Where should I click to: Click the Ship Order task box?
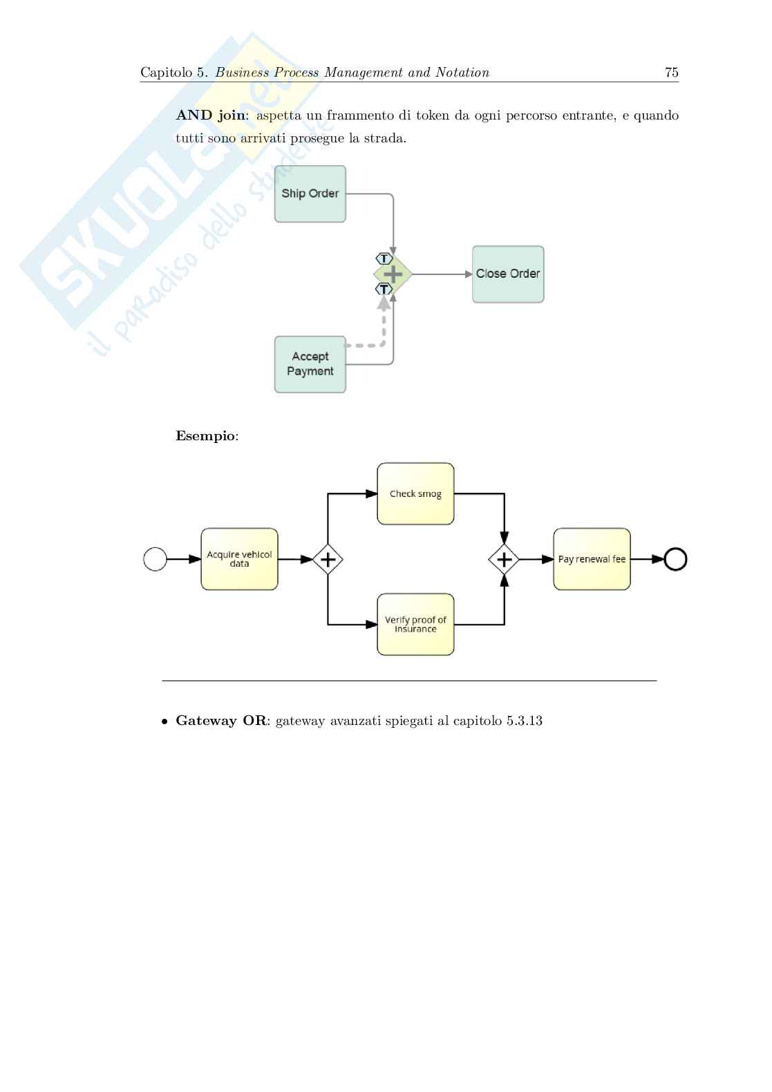(310, 194)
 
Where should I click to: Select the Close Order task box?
(508, 274)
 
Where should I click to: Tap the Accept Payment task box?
(310, 364)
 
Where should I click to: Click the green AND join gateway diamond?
(393, 274)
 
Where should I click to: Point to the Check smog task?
(415, 494)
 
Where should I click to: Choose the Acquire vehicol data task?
(239, 559)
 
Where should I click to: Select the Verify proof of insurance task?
(415, 624)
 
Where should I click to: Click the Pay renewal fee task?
(592, 559)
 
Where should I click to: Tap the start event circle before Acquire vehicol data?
(155, 559)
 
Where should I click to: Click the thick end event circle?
(675, 559)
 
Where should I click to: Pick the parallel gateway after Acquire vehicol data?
(328, 559)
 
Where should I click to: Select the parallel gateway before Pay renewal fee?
(504, 559)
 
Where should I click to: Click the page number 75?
(671, 73)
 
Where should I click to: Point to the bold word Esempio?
(205, 436)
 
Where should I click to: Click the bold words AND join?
(211, 115)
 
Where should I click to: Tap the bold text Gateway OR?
(220, 721)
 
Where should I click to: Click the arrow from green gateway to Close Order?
(442, 274)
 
